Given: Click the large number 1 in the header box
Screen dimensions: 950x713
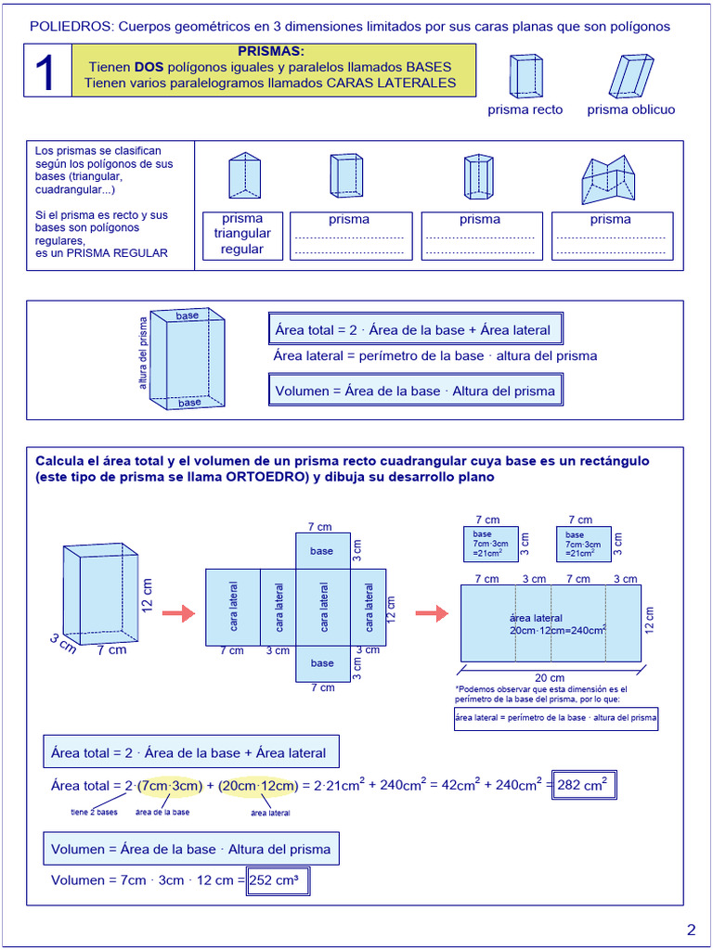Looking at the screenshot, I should coord(47,72).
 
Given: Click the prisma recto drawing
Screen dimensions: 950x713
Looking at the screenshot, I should coord(525,76).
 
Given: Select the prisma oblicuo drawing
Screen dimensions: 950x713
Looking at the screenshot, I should coord(631,76).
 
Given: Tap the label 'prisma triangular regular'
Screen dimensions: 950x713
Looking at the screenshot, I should coord(242,235).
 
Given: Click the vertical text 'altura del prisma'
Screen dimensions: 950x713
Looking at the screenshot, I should coord(144,353).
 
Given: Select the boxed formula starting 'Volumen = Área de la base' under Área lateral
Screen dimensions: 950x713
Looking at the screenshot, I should coord(415,391).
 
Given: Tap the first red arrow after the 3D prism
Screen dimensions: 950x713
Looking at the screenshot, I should coord(178,613).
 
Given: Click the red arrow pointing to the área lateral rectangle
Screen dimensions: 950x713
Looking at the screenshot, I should coord(432,613).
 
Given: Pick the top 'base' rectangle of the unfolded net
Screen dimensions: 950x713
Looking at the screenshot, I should coord(322,551).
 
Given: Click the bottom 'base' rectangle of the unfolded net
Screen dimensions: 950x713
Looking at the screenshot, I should coord(322,663).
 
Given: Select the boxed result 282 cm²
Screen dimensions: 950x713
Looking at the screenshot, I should coord(584,786).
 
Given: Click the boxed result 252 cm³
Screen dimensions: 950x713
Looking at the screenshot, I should coord(278,880).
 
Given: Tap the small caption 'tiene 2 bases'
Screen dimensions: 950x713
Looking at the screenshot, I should coord(95,813).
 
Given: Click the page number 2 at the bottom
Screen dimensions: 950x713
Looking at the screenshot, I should coord(691,931).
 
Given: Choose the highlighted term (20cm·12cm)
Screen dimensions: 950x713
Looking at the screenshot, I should coord(259,786).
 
